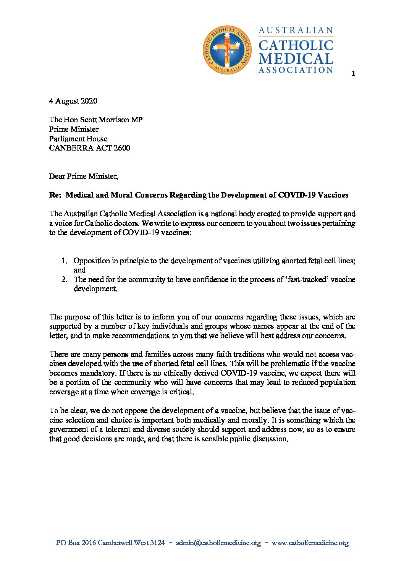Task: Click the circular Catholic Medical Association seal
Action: [x=227, y=50]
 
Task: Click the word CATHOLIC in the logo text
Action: [x=296, y=45]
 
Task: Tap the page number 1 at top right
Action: [x=353, y=73]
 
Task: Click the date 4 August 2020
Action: [x=73, y=101]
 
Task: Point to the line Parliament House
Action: [x=78, y=139]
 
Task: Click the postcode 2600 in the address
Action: [x=121, y=148]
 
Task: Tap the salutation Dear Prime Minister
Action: [x=83, y=176]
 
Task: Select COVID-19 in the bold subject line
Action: [x=297, y=195]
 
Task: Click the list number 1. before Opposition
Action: [x=65, y=261]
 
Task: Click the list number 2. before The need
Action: [x=65, y=279]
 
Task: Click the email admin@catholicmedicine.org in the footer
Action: [x=218, y=543]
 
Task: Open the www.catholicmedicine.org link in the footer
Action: [x=310, y=543]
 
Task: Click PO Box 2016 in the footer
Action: [x=76, y=543]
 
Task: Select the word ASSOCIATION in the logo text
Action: [x=296, y=70]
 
